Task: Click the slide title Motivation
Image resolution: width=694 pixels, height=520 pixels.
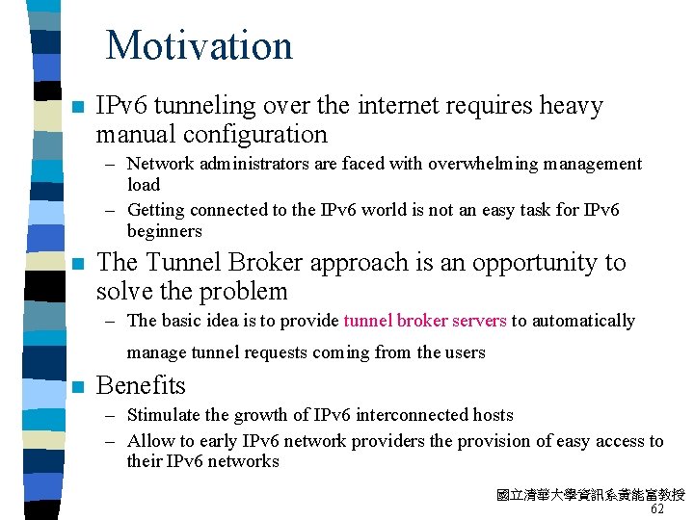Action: pyautogui.click(x=199, y=45)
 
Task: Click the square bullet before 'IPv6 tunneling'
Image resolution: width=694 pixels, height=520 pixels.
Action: pyautogui.click(x=77, y=107)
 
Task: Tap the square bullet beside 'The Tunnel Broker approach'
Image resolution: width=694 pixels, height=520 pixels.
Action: pyautogui.click(x=77, y=264)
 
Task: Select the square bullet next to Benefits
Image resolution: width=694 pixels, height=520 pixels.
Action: pyautogui.click(x=77, y=387)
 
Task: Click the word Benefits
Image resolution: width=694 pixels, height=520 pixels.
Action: pyautogui.click(x=141, y=385)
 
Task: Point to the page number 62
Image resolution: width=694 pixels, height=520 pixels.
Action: pyautogui.click(x=657, y=509)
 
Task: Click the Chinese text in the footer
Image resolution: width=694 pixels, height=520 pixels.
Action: pyautogui.click(x=590, y=495)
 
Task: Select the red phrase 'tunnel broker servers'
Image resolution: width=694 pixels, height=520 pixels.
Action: pyautogui.click(x=425, y=321)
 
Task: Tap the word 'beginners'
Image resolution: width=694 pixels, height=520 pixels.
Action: pyautogui.click(x=165, y=231)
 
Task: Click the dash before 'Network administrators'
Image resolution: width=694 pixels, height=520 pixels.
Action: pyautogui.click(x=111, y=165)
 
